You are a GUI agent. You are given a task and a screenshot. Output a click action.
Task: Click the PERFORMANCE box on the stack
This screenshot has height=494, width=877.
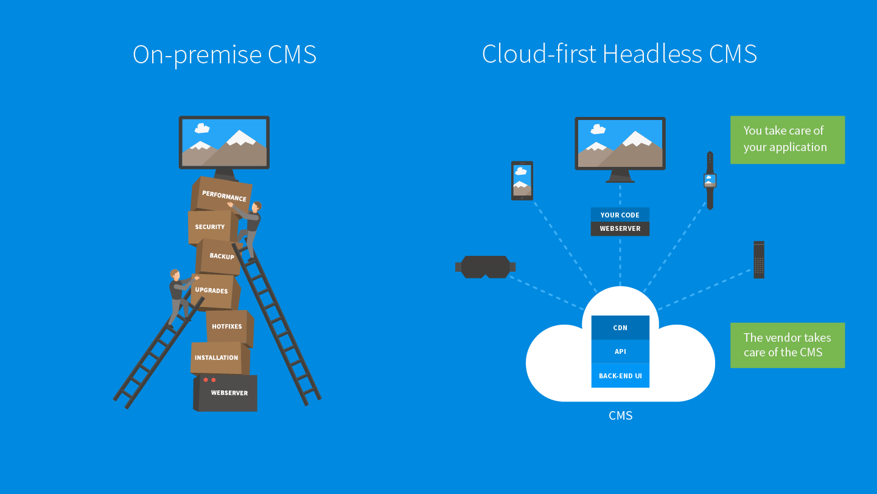(223, 196)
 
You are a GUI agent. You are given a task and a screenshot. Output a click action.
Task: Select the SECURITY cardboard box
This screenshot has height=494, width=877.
(210, 227)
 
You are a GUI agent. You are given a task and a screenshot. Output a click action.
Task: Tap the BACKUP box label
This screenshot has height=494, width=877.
(222, 256)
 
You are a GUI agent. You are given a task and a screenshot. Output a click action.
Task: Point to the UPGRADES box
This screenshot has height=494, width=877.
(212, 291)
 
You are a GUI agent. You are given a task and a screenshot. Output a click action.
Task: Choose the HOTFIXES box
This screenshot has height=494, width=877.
(227, 326)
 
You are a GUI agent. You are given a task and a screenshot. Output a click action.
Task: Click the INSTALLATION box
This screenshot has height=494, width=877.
(217, 358)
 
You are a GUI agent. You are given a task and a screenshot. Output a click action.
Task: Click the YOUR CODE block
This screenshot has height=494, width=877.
(620, 214)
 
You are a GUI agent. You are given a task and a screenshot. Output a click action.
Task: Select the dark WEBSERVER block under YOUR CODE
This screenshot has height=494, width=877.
(620, 229)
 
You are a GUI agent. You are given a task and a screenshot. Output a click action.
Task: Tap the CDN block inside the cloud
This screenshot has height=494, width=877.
(620, 328)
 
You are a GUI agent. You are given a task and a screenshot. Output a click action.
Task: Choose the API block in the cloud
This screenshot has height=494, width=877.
(620, 351)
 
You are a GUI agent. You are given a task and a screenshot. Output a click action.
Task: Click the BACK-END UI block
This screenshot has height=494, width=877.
(620, 376)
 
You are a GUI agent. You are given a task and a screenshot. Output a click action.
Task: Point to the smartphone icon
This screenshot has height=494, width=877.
(522, 181)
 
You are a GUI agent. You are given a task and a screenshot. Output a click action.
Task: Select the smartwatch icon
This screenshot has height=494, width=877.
(710, 180)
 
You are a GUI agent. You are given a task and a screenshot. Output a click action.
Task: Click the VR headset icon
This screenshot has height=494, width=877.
(485, 267)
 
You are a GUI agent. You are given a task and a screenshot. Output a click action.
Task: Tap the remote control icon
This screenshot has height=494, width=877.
(759, 260)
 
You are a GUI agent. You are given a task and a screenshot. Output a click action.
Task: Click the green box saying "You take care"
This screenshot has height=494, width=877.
(787, 139)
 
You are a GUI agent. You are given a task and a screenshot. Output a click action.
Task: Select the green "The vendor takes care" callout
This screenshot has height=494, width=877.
(787, 345)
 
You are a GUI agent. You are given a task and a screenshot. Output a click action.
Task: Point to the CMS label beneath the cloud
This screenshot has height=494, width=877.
(620, 416)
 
